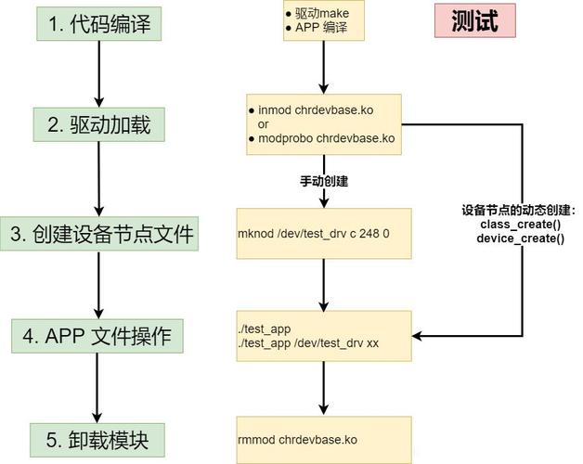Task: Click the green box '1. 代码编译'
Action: click(99, 25)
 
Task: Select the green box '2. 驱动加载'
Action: click(99, 122)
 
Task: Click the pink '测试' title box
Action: click(474, 21)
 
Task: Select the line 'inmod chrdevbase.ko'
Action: click(316, 110)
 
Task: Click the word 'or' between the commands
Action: click(264, 123)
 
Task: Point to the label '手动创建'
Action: click(324, 181)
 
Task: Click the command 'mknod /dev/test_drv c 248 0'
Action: click(313, 234)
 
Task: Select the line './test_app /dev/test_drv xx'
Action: click(308, 343)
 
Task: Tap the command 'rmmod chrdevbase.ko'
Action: click(298, 439)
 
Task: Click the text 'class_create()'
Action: click(520, 225)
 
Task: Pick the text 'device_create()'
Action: click(520, 238)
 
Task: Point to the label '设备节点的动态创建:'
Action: click(518, 211)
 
